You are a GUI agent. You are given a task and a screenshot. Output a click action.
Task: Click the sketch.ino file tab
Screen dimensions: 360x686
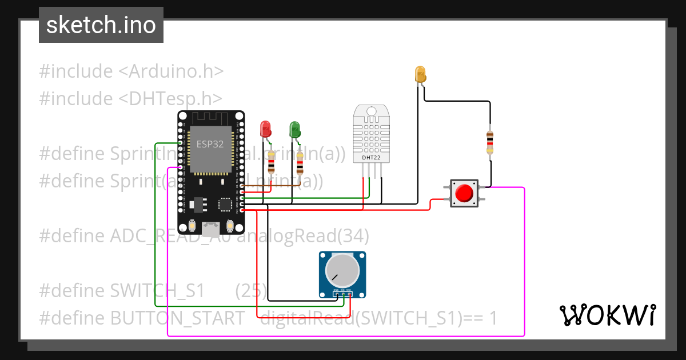click(x=101, y=25)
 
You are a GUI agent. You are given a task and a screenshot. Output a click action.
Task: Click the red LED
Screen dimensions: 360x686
click(x=265, y=129)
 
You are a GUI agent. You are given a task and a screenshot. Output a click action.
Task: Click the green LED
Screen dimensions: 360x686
click(x=294, y=129)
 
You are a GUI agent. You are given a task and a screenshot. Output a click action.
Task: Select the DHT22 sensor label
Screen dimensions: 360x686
click(x=371, y=157)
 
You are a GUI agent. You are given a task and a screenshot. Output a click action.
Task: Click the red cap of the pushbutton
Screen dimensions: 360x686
click(x=464, y=193)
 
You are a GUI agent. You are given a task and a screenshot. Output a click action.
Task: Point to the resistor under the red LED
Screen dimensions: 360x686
click(x=271, y=166)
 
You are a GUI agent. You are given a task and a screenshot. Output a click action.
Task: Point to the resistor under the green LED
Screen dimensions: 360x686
click(x=300, y=166)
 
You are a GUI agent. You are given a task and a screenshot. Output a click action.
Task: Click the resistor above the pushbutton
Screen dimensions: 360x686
click(x=490, y=141)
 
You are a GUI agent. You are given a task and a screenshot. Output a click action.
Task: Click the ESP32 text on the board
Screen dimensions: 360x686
click(x=210, y=144)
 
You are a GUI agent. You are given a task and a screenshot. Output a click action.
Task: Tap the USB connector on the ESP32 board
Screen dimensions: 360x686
click(x=210, y=229)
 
